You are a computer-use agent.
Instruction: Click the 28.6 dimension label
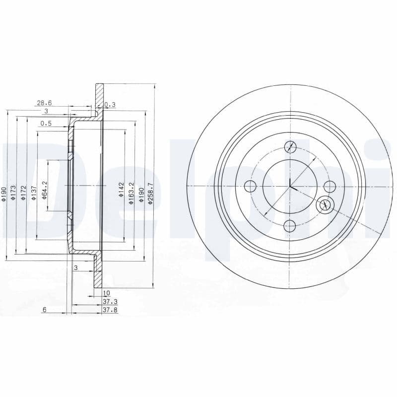click(x=44, y=103)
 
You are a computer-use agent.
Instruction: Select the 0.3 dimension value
click(x=110, y=104)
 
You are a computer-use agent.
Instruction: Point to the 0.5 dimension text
click(x=46, y=124)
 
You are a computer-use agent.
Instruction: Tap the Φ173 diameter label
click(x=14, y=192)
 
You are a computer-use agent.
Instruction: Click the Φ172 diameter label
click(x=23, y=192)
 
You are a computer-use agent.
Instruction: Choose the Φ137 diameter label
click(x=34, y=192)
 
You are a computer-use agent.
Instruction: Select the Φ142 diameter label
click(x=121, y=190)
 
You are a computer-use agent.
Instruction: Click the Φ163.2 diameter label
click(x=131, y=190)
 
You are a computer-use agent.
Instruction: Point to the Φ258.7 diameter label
click(x=151, y=190)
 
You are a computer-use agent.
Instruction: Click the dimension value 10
click(x=106, y=293)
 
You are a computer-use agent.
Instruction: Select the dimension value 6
click(x=44, y=309)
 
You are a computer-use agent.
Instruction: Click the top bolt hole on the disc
click(x=290, y=146)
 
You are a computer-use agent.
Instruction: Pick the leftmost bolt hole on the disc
click(x=251, y=187)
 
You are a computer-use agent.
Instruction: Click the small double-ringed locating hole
click(x=325, y=203)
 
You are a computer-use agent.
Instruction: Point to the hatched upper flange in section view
click(x=99, y=99)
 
